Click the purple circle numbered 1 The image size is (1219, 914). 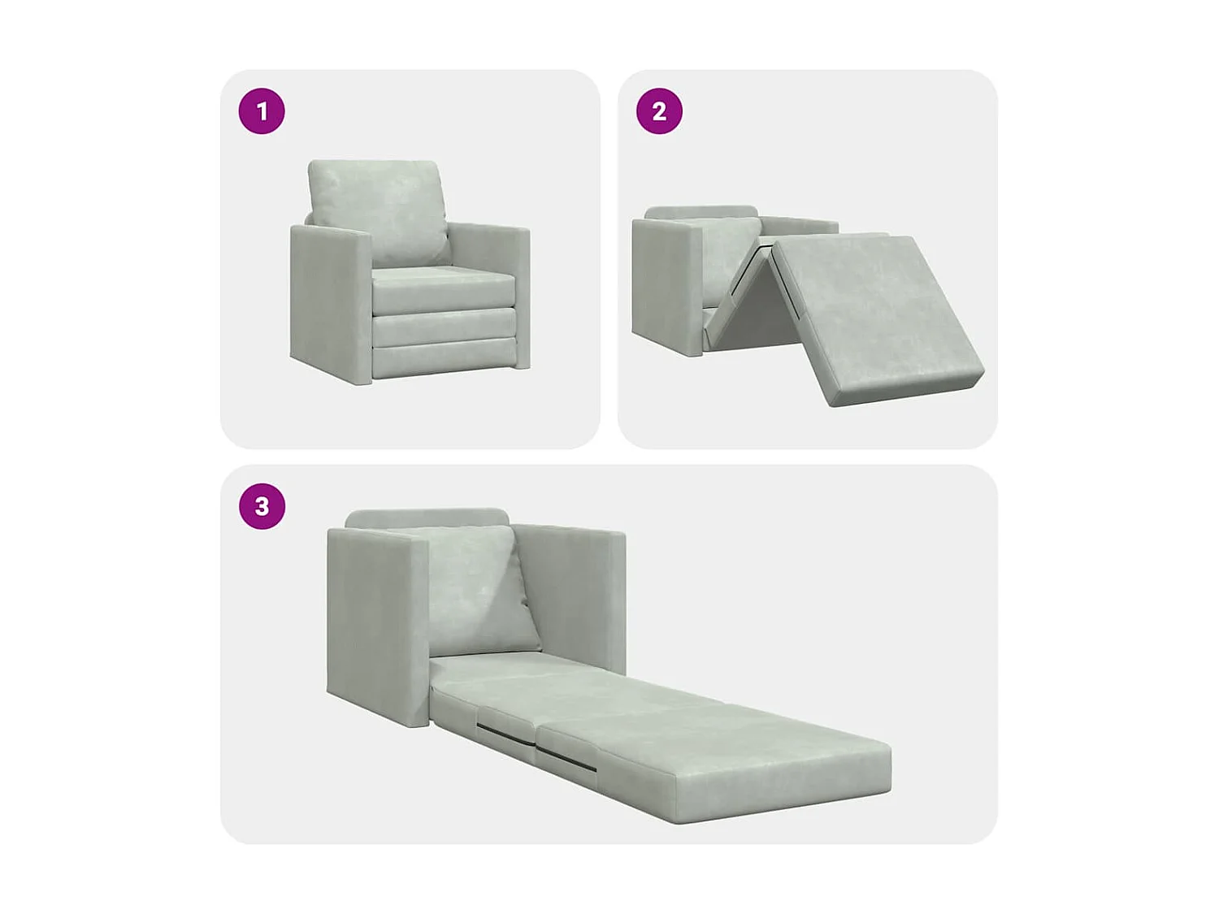262,111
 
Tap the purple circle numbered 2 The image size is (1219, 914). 659,111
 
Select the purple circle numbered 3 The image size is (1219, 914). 262,506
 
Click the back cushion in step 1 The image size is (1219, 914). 378,207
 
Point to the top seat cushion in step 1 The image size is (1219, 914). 443,288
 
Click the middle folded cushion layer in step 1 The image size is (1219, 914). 445,327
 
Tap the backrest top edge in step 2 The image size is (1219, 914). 701,212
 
